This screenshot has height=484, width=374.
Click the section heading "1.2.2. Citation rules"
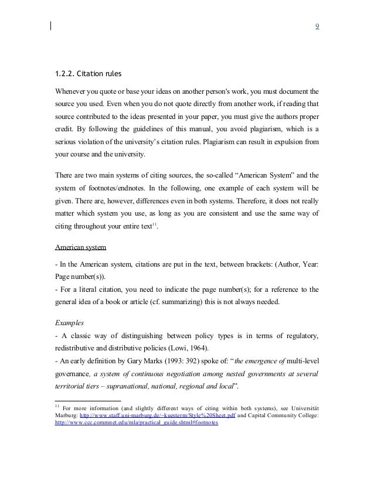tap(88, 74)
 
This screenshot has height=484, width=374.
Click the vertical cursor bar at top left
tap(51, 25)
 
